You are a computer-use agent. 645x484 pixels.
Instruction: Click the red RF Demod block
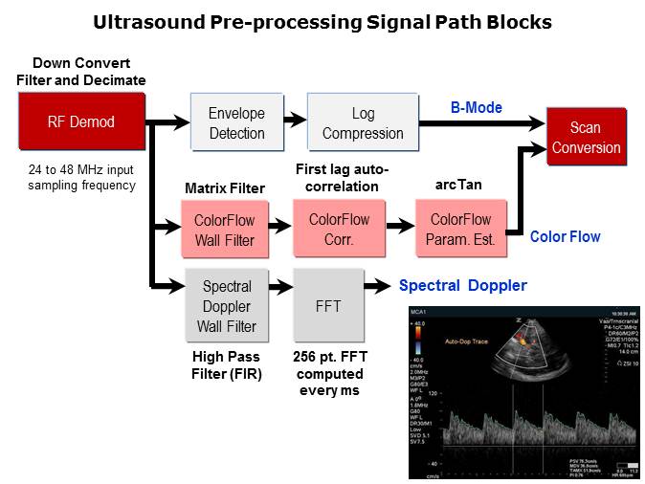[81, 121]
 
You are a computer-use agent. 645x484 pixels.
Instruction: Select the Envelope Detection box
[236, 123]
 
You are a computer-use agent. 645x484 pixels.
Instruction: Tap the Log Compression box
[363, 123]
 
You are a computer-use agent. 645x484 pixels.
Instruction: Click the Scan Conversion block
[586, 138]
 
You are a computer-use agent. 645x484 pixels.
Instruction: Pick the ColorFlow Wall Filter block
[225, 231]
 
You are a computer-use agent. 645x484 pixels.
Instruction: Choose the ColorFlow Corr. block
[340, 230]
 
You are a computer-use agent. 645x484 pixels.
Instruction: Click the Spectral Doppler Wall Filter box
[228, 306]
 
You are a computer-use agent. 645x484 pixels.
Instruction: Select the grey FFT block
[328, 306]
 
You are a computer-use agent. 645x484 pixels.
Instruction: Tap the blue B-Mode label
[477, 108]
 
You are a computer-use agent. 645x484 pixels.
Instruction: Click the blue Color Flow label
[566, 236]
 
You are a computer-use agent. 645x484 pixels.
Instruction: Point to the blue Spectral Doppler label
[463, 285]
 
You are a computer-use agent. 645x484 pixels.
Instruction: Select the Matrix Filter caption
[225, 188]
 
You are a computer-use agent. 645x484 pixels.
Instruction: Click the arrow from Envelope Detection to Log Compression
[296, 123]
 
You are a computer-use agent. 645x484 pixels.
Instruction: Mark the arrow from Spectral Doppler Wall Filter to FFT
[281, 286]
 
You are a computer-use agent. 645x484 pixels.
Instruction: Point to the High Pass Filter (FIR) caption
[228, 363]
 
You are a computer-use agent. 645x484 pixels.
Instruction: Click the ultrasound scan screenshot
[517, 392]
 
